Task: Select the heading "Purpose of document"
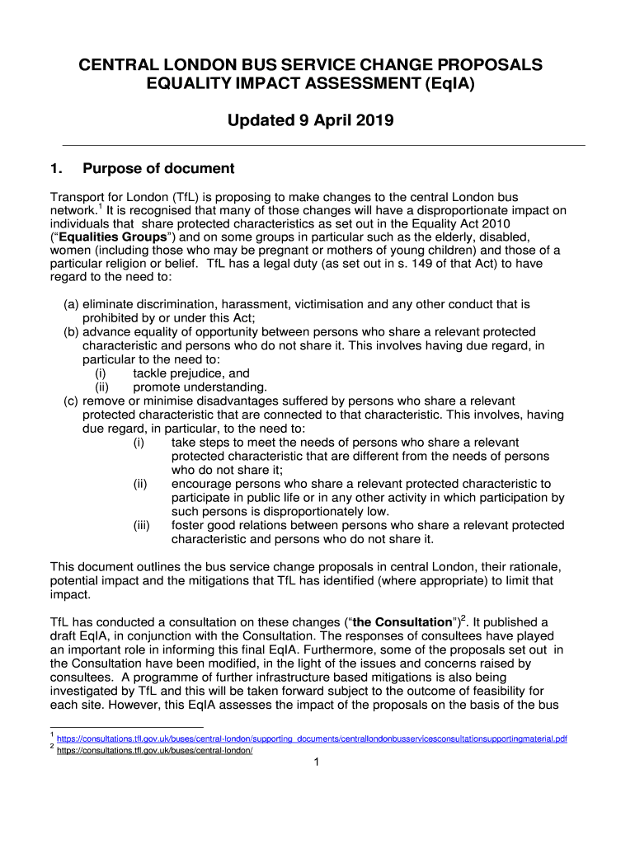point(158,169)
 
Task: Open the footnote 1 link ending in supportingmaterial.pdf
point(312,738)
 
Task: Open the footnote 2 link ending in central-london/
point(154,751)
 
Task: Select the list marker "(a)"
point(72,304)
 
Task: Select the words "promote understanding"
point(200,387)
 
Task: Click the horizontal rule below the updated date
point(317,145)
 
